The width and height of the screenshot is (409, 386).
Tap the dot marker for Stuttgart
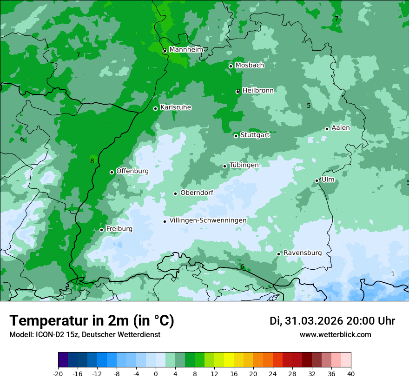tap(236, 136)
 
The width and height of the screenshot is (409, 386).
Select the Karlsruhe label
tap(175, 107)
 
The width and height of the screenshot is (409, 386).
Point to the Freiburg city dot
tap(101, 230)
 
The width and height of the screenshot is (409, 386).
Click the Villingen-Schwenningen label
tap(208, 220)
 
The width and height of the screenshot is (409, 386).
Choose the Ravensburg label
tap(302, 253)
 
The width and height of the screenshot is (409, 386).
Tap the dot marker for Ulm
tap(317, 180)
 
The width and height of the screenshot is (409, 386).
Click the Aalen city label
tap(340, 128)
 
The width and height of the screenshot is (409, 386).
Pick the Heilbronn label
tap(258, 90)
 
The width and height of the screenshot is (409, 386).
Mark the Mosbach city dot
tap(231, 66)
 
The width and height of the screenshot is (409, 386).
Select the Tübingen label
tap(244, 165)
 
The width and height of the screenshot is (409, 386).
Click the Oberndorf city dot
tap(175, 193)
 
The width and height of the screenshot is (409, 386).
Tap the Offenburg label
tap(132, 171)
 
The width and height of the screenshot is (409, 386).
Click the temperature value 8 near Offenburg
tap(92, 161)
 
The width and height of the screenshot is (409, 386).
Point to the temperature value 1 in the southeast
tap(393, 274)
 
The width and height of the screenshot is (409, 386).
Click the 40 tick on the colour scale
tap(350, 373)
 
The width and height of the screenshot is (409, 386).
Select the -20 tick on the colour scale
tap(58, 373)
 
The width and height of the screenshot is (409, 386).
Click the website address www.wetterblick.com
tap(335, 334)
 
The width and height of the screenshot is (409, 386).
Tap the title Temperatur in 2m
tap(92, 320)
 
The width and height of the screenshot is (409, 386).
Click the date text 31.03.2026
tap(313, 321)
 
